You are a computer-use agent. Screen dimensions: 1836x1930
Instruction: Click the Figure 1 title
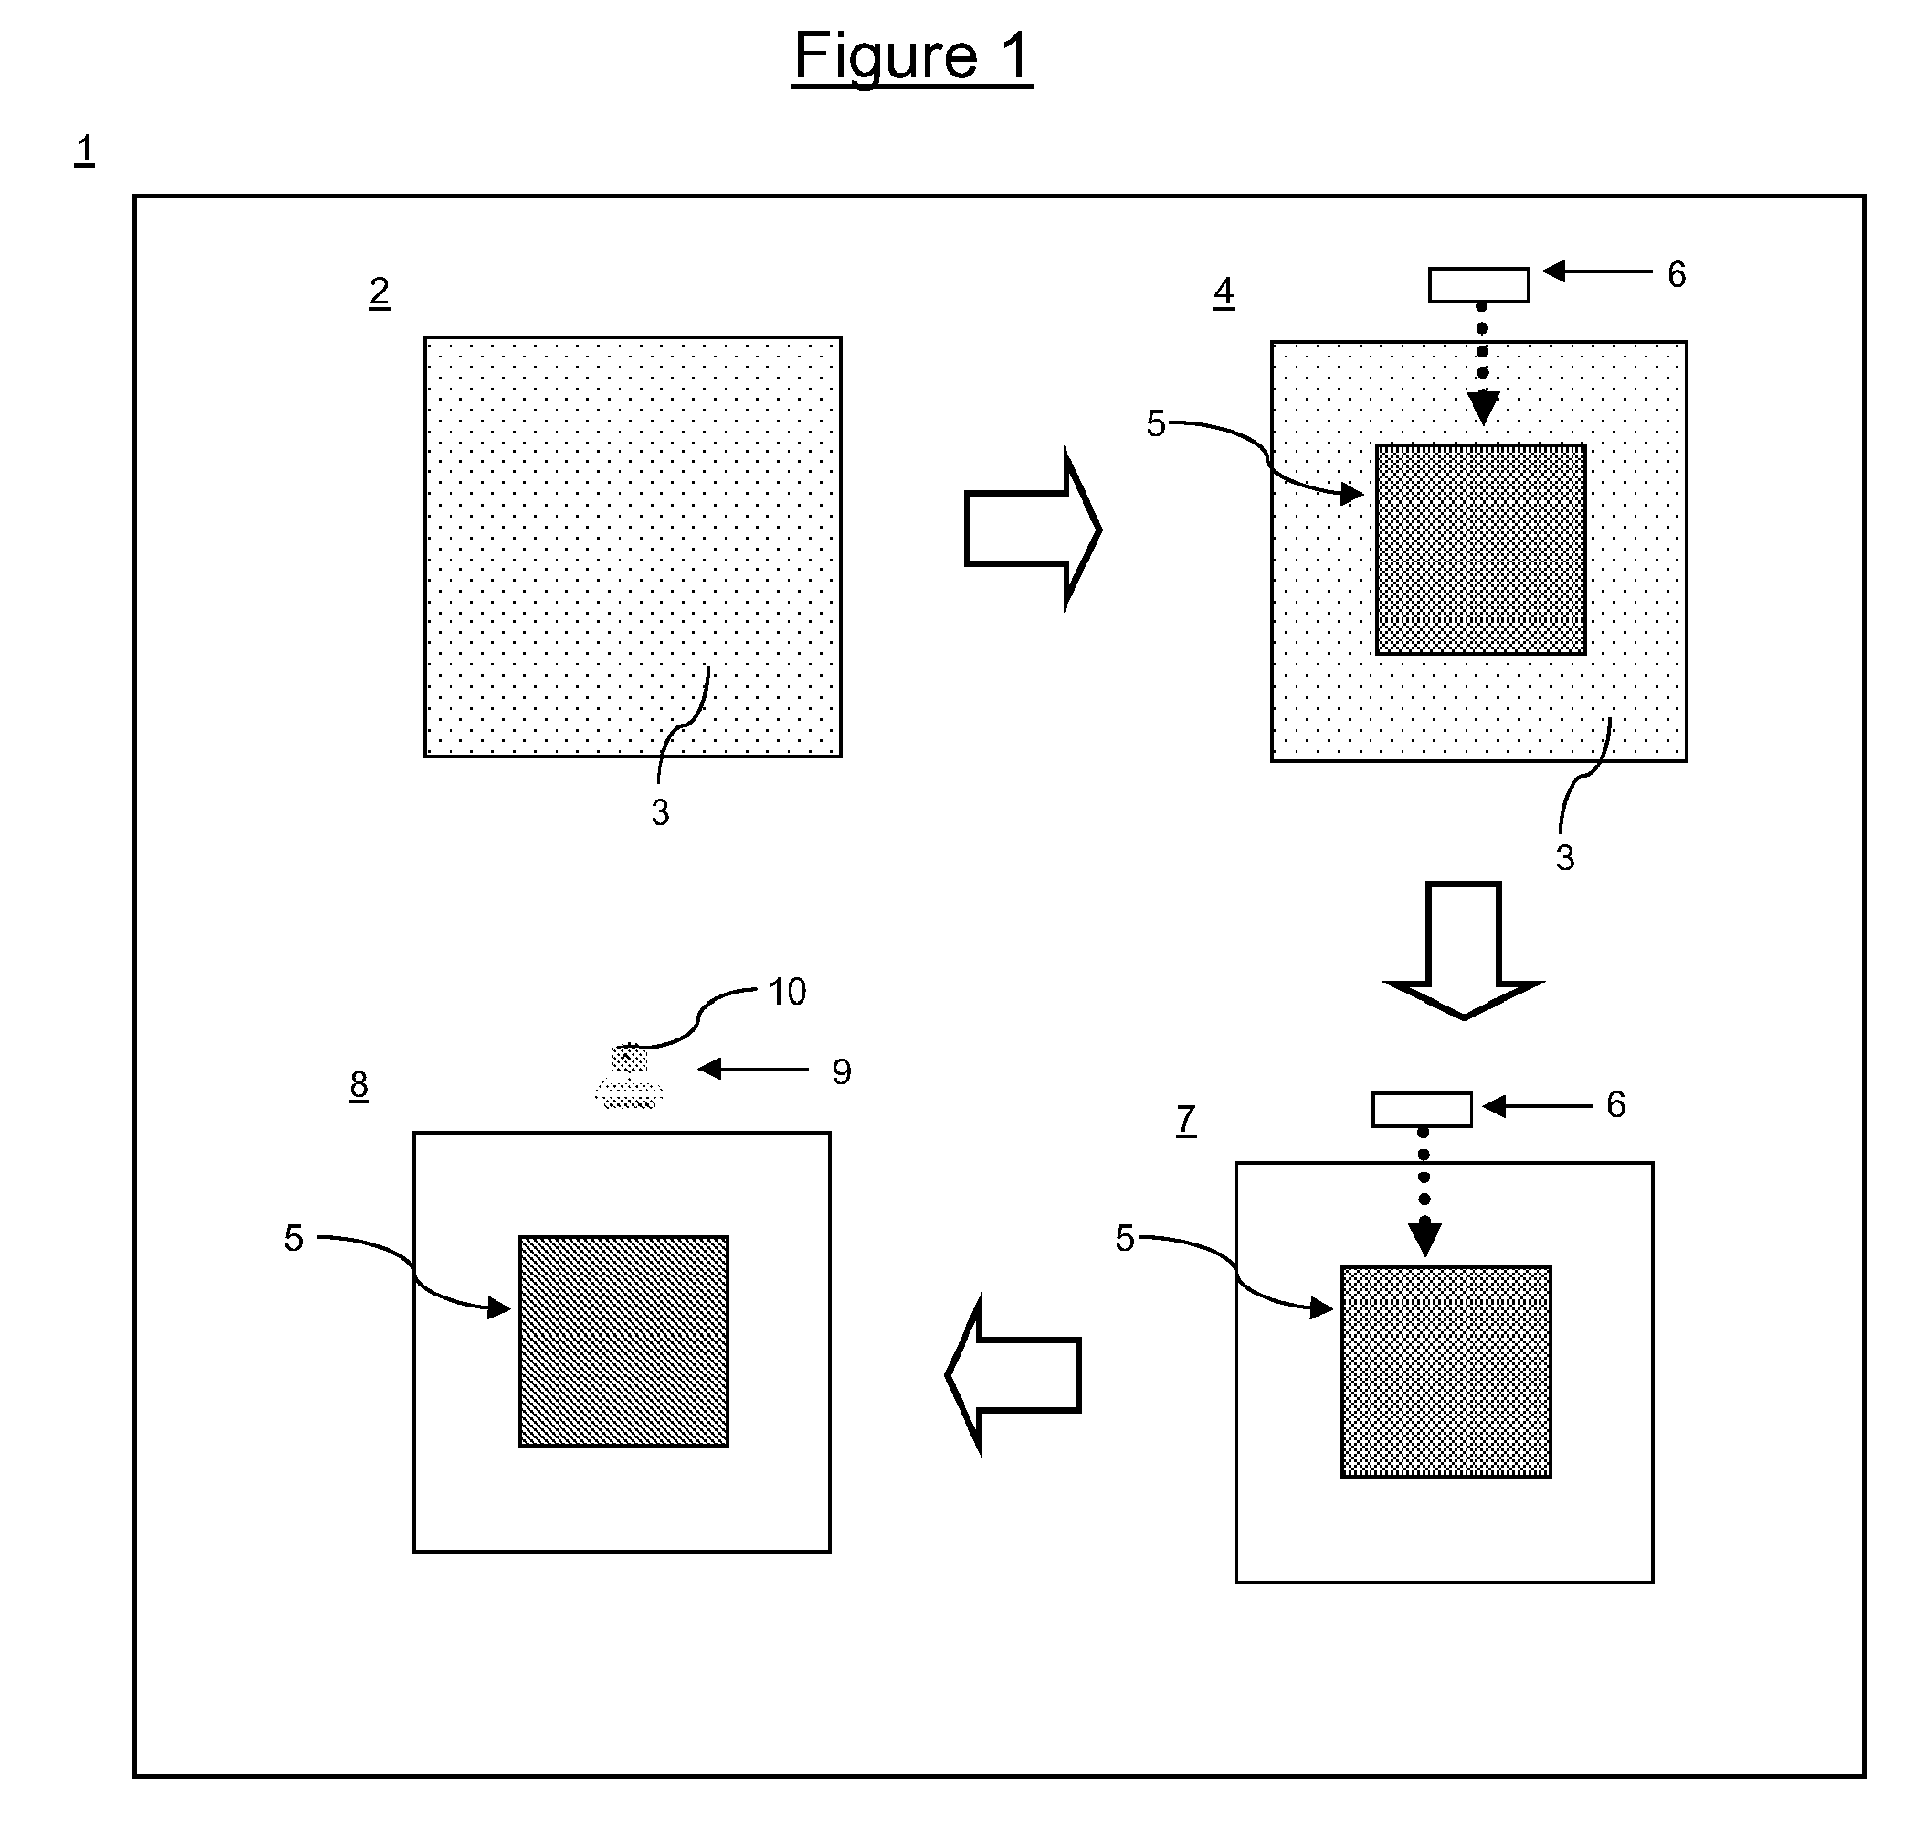pos(912,56)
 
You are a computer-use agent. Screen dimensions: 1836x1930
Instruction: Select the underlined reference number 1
pos(85,150)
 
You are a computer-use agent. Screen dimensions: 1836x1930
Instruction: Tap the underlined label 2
pos(379,292)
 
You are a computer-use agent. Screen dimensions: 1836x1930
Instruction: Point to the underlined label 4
pos(1224,292)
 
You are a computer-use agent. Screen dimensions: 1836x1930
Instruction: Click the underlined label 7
pos(1186,1120)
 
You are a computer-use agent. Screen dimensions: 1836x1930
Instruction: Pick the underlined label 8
pos(358,1085)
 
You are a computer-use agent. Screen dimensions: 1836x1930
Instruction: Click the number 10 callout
pos(787,991)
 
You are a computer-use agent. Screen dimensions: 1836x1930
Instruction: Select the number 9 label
pos(841,1071)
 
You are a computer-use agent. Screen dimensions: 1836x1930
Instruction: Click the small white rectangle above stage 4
pos(1477,285)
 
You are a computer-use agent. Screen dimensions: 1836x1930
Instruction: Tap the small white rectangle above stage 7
pos(1421,1109)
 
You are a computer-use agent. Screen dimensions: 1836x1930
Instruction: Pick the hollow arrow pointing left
pos(1012,1375)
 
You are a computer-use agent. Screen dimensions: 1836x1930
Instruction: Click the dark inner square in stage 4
pos(1480,550)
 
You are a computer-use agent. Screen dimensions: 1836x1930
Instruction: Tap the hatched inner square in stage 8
pos(623,1341)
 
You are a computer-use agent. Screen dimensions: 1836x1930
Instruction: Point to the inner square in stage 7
pos(1445,1372)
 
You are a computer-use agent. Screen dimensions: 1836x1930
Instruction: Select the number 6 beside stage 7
pos(1615,1105)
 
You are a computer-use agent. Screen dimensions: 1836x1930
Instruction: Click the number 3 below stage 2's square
pos(660,813)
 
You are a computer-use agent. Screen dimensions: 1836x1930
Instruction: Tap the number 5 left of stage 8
pos(293,1238)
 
